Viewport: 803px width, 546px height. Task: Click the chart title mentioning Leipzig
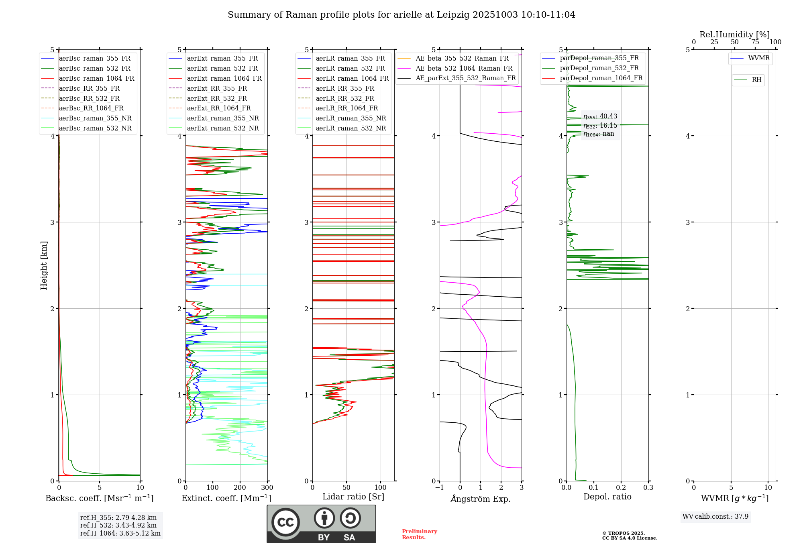[401, 15]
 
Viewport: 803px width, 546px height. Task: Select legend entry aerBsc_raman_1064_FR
[96, 78]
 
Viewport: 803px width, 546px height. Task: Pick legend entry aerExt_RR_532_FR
[217, 98]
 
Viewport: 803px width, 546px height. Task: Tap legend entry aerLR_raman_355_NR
[351, 118]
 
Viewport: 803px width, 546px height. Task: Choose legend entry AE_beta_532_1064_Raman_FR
[464, 68]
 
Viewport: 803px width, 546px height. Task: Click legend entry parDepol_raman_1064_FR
[601, 78]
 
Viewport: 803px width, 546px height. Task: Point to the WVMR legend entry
[759, 58]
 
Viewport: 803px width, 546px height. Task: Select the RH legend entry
[756, 80]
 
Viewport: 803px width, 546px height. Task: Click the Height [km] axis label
[44, 265]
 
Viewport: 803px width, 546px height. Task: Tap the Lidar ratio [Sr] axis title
[353, 497]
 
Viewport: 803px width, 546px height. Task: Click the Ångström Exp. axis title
[481, 499]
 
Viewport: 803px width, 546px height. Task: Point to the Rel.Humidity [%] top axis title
[734, 35]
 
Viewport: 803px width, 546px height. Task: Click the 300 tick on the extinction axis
[267, 488]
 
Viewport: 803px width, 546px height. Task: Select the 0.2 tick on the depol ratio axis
[621, 488]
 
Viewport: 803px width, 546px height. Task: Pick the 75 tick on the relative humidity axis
[755, 42]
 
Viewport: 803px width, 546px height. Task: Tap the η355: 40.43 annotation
[600, 116]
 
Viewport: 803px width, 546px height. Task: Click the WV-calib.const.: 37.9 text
[715, 516]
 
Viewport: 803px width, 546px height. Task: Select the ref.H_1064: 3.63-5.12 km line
[120, 534]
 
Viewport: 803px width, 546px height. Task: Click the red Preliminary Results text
[419, 534]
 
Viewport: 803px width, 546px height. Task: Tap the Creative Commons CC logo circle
[285, 522]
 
